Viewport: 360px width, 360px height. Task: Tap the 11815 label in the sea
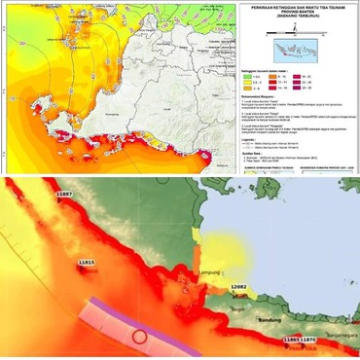point(89,263)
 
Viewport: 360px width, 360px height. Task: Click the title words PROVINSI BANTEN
point(299,13)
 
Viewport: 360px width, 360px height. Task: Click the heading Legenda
point(255,139)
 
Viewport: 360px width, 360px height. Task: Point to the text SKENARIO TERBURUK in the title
point(299,18)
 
